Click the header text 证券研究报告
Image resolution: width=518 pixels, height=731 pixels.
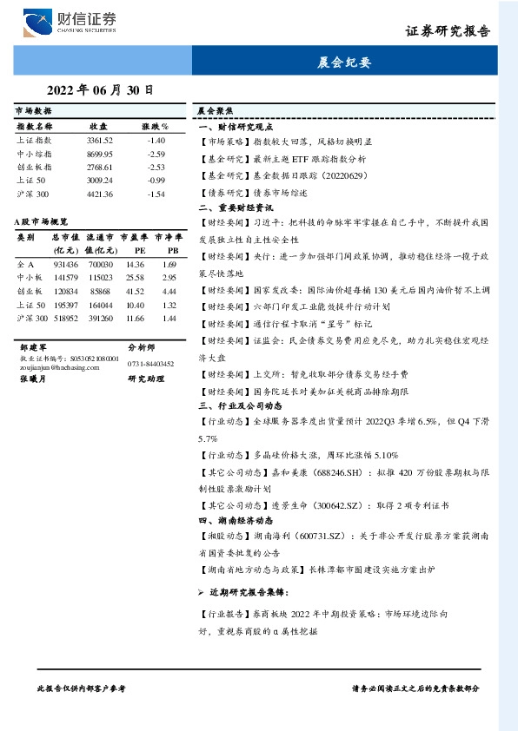pyautogui.click(x=448, y=30)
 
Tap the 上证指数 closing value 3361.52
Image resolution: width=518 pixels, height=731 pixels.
pyautogui.click(x=99, y=140)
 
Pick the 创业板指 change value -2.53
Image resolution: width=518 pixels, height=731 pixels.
pyautogui.click(x=156, y=167)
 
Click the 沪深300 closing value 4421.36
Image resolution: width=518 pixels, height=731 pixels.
pyautogui.click(x=99, y=194)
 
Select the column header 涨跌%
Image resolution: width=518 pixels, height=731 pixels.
pyautogui.click(x=156, y=127)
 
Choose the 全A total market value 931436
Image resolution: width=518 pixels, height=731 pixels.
pyautogui.click(x=65, y=264)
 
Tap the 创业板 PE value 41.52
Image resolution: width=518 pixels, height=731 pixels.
pyautogui.click(x=135, y=292)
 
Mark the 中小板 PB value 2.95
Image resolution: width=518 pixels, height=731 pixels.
pyautogui.click(x=169, y=278)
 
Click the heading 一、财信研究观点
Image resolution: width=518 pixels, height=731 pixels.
pyautogui.click(x=236, y=126)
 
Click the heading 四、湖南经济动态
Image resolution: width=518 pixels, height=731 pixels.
pyautogui.click(x=236, y=521)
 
